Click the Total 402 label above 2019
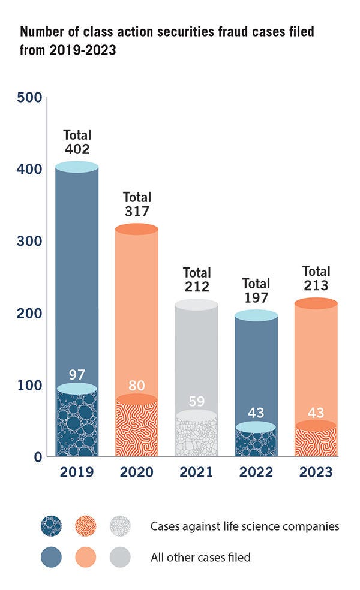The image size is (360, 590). point(76,141)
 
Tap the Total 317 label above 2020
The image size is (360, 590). point(137,204)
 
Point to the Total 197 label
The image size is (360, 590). point(256,291)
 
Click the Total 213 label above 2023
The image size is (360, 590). point(316,278)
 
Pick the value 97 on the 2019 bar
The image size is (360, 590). point(76,375)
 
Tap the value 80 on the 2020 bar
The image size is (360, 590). point(137,386)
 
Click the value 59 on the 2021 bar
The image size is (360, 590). point(196,401)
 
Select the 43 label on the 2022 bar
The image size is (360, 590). point(256,413)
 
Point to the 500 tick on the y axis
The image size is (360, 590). point(29,97)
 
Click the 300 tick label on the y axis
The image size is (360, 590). point(29,241)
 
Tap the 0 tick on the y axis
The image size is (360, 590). point(37,457)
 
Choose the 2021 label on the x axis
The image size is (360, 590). point(196,472)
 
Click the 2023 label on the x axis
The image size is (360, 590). point(316,472)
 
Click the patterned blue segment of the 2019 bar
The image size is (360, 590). point(76,426)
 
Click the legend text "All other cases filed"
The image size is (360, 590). point(200,558)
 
